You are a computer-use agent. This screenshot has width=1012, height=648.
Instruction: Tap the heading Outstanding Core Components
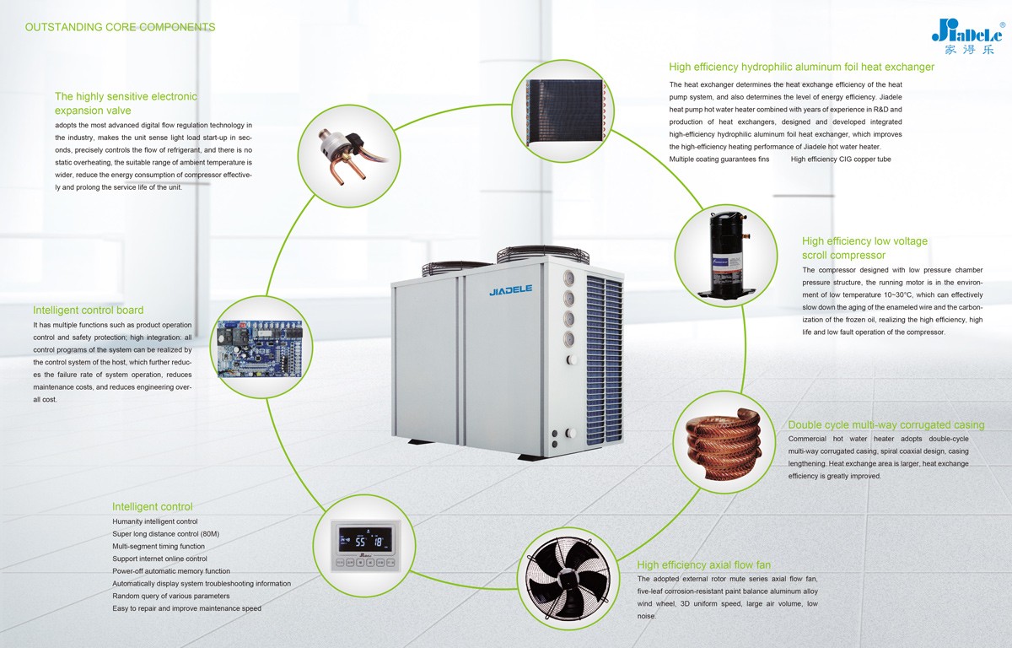[120, 27]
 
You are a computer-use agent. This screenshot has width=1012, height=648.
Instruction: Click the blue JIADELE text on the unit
[510, 289]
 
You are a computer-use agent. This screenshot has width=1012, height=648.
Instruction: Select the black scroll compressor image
[725, 255]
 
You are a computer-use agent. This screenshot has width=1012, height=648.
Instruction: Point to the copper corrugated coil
[723, 443]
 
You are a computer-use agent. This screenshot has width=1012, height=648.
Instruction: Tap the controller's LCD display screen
[365, 539]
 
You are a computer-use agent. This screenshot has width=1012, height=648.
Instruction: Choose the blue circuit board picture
[260, 348]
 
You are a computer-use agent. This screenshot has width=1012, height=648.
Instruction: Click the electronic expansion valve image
[351, 156]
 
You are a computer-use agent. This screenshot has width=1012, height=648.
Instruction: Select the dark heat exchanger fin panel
[564, 111]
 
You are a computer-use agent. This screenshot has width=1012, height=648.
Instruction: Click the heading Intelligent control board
[88, 310]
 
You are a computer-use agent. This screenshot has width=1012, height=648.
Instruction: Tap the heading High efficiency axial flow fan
[703, 564]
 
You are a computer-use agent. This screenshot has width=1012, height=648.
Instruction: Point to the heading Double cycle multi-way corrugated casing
[886, 424]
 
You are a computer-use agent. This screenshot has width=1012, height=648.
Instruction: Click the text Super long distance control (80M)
[166, 534]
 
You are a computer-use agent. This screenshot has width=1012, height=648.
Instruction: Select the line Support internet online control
[159, 559]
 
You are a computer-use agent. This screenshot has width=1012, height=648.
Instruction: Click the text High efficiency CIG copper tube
[841, 159]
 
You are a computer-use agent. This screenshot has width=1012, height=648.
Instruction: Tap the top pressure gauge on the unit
[568, 278]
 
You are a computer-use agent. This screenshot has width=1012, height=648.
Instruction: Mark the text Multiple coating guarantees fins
[719, 159]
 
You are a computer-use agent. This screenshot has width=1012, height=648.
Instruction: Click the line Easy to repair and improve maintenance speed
[186, 608]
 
